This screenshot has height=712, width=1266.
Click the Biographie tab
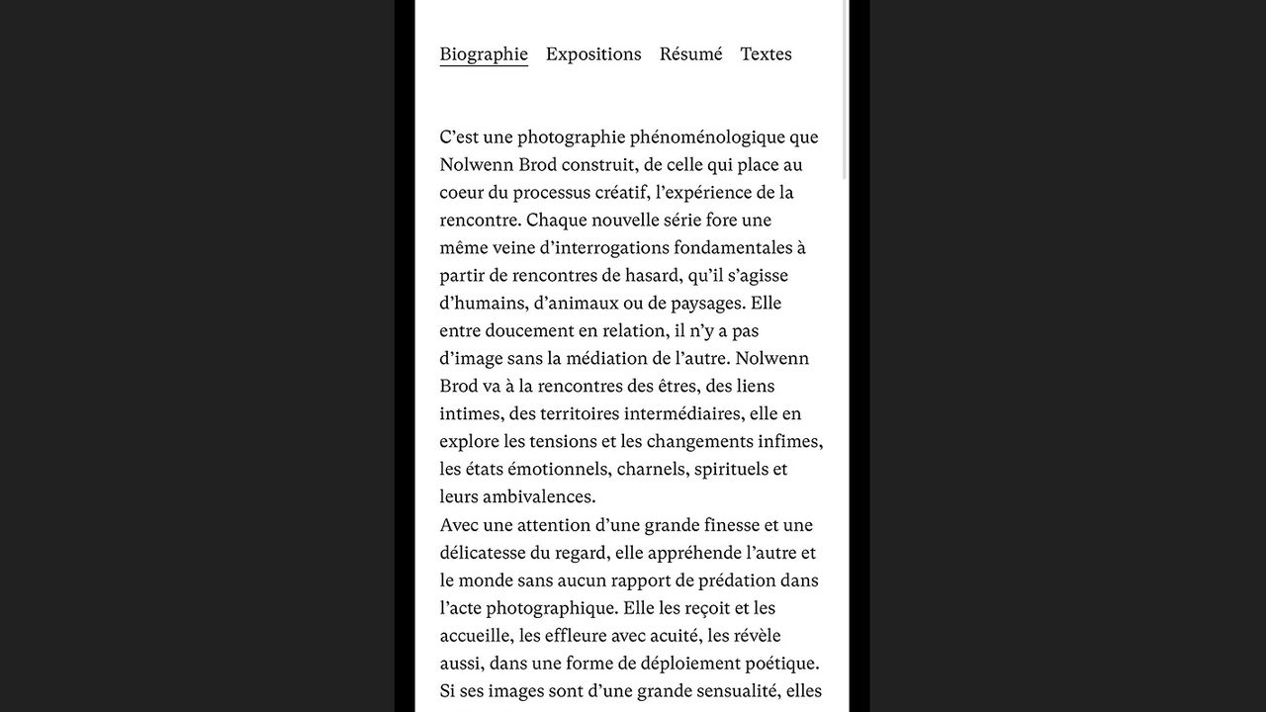484,54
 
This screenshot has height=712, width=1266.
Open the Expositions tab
593,54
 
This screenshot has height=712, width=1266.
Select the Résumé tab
690,54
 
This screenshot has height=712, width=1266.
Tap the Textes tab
766,54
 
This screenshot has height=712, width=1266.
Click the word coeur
462,193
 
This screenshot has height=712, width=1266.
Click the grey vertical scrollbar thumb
844,89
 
